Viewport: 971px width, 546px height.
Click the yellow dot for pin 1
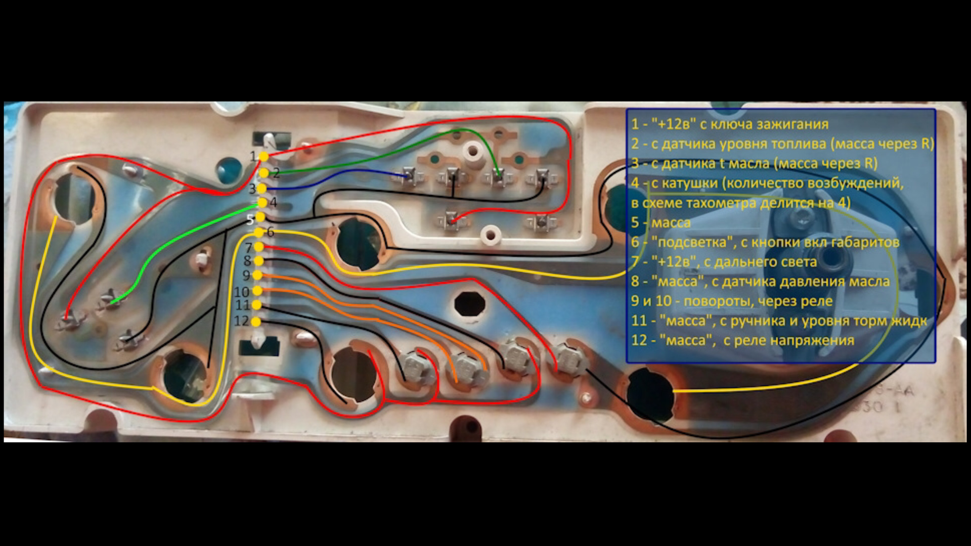(263, 157)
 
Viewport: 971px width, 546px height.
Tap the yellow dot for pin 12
(256, 322)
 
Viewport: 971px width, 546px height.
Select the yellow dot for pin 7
(259, 247)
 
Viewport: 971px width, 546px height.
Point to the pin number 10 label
(241, 292)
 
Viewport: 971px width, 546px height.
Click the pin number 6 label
(271, 232)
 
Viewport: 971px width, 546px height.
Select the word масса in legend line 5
(671, 223)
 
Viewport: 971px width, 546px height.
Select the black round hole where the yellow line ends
(650, 394)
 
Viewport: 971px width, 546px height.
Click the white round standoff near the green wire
(474, 150)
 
